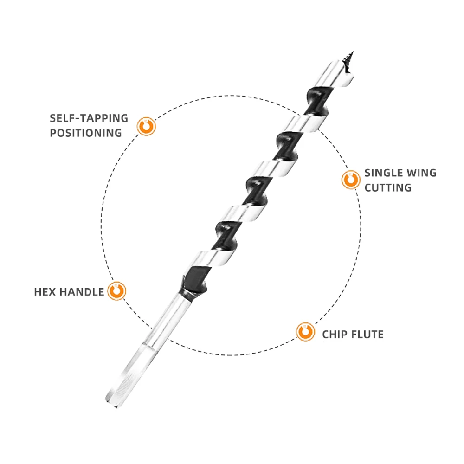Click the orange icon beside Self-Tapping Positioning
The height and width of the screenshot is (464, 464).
click(146, 126)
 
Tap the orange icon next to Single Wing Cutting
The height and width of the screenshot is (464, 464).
click(351, 180)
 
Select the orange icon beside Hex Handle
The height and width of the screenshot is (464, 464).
click(116, 291)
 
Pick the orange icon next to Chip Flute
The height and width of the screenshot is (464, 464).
click(305, 332)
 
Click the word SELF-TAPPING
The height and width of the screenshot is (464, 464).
click(89, 118)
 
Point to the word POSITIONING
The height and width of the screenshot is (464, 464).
click(86, 133)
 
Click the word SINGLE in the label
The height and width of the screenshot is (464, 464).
click(382, 173)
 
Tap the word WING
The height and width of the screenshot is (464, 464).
click(420, 173)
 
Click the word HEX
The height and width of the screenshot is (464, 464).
click(45, 292)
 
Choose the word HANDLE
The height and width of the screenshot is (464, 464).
click(82, 292)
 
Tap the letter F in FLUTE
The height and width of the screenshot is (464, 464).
click(354, 334)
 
